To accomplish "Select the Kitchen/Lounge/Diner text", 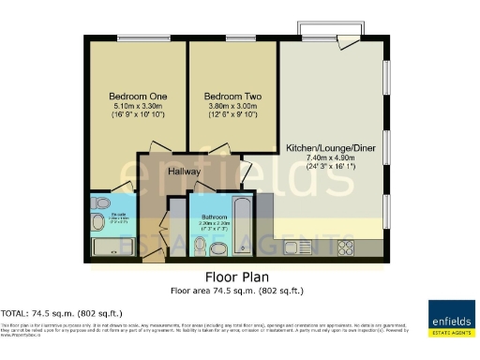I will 331,149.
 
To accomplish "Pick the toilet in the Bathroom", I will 199,244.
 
